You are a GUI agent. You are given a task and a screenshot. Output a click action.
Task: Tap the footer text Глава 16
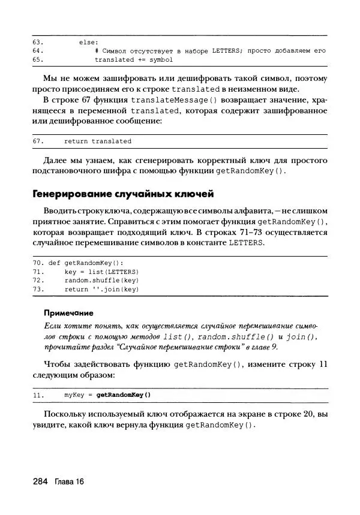point(69,482)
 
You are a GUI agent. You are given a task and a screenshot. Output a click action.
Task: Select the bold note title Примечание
point(69,312)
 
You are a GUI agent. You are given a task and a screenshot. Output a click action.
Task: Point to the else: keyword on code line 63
point(89,42)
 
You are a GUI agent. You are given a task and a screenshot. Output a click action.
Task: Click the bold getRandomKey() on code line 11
point(124,395)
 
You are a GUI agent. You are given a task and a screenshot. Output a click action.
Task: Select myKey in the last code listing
point(73,395)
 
